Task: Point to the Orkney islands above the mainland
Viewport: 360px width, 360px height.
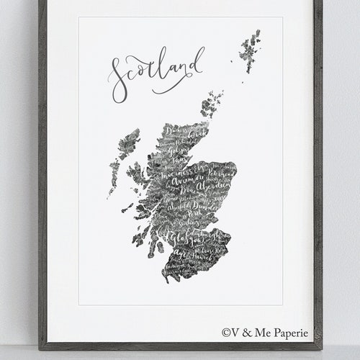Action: click(211, 104)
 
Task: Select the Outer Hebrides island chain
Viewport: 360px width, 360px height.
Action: click(123, 155)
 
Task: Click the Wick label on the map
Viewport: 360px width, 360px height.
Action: click(192, 134)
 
